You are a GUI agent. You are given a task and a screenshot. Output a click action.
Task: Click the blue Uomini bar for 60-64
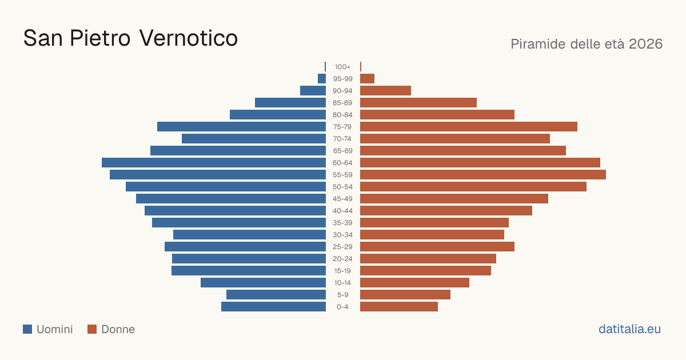point(214,162)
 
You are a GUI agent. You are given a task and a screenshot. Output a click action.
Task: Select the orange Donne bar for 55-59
point(483,174)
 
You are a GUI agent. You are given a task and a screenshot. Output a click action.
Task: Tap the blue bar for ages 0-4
point(273,306)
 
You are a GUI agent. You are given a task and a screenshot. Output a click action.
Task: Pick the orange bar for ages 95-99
point(367,79)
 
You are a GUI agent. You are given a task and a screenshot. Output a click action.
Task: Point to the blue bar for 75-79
point(241,126)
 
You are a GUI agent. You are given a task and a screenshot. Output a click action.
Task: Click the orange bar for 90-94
point(385,91)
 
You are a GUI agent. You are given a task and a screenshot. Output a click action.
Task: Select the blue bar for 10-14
point(263,282)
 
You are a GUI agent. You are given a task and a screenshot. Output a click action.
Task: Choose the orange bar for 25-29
point(437,246)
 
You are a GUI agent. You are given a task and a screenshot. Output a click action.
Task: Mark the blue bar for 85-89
point(290,102)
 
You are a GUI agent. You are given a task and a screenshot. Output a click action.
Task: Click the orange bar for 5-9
point(405,294)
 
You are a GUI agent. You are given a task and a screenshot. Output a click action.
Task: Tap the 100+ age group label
point(342,67)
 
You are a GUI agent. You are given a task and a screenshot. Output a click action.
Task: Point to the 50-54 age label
point(342,187)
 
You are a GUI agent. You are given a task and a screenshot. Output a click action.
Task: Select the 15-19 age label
point(342,271)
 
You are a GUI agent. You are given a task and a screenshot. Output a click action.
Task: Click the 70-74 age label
point(342,139)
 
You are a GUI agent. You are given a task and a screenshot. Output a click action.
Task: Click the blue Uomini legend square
point(27,329)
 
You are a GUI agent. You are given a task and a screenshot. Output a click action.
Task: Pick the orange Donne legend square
point(92,329)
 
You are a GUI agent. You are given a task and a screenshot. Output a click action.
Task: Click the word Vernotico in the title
point(188,38)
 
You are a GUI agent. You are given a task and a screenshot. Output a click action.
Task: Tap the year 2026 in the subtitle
point(645,44)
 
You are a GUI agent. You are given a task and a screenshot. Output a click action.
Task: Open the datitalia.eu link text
point(629,329)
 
